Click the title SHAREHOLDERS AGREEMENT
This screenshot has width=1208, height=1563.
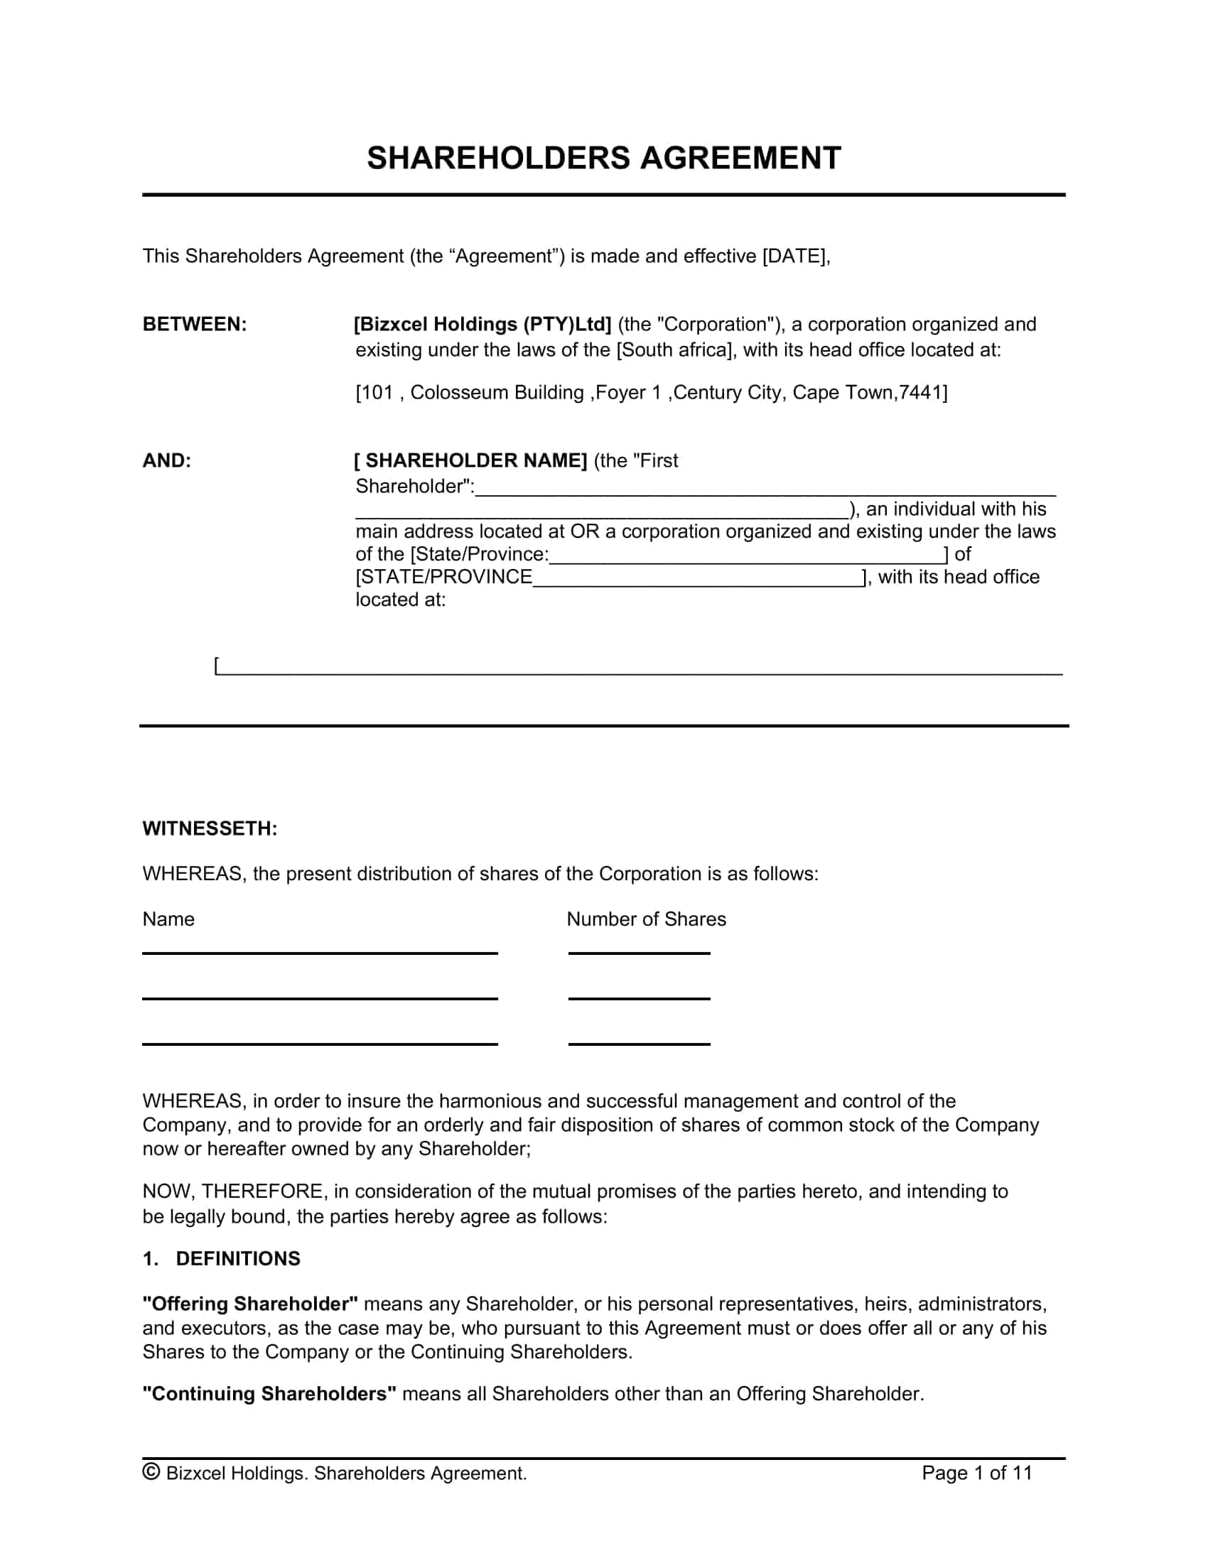pyautogui.click(x=603, y=158)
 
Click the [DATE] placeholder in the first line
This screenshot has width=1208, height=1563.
pyautogui.click(x=795, y=256)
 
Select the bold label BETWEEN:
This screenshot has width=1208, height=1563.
pyautogui.click(x=195, y=324)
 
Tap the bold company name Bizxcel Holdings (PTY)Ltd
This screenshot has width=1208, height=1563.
pyautogui.click(x=483, y=324)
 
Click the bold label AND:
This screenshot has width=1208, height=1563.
pyautogui.click(x=167, y=460)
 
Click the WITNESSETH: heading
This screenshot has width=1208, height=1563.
pyautogui.click(x=210, y=828)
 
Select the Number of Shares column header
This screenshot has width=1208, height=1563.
pyautogui.click(x=645, y=919)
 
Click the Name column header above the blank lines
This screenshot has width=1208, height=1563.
pyautogui.click(x=168, y=919)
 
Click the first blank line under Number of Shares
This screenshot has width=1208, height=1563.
pyautogui.click(x=639, y=952)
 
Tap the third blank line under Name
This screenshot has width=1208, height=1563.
pyautogui.click(x=319, y=1044)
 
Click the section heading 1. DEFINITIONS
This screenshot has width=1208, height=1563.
pyautogui.click(x=221, y=1259)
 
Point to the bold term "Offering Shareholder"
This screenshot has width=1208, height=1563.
pyautogui.click(x=249, y=1304)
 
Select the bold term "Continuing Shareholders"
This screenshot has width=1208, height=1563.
pyautogui.click(x=269, y=1394)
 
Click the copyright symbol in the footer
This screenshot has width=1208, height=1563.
pyautogui.click(x=151, y=1471)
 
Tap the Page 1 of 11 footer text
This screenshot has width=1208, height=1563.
pyautogui.click(x=977, y=1472)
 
